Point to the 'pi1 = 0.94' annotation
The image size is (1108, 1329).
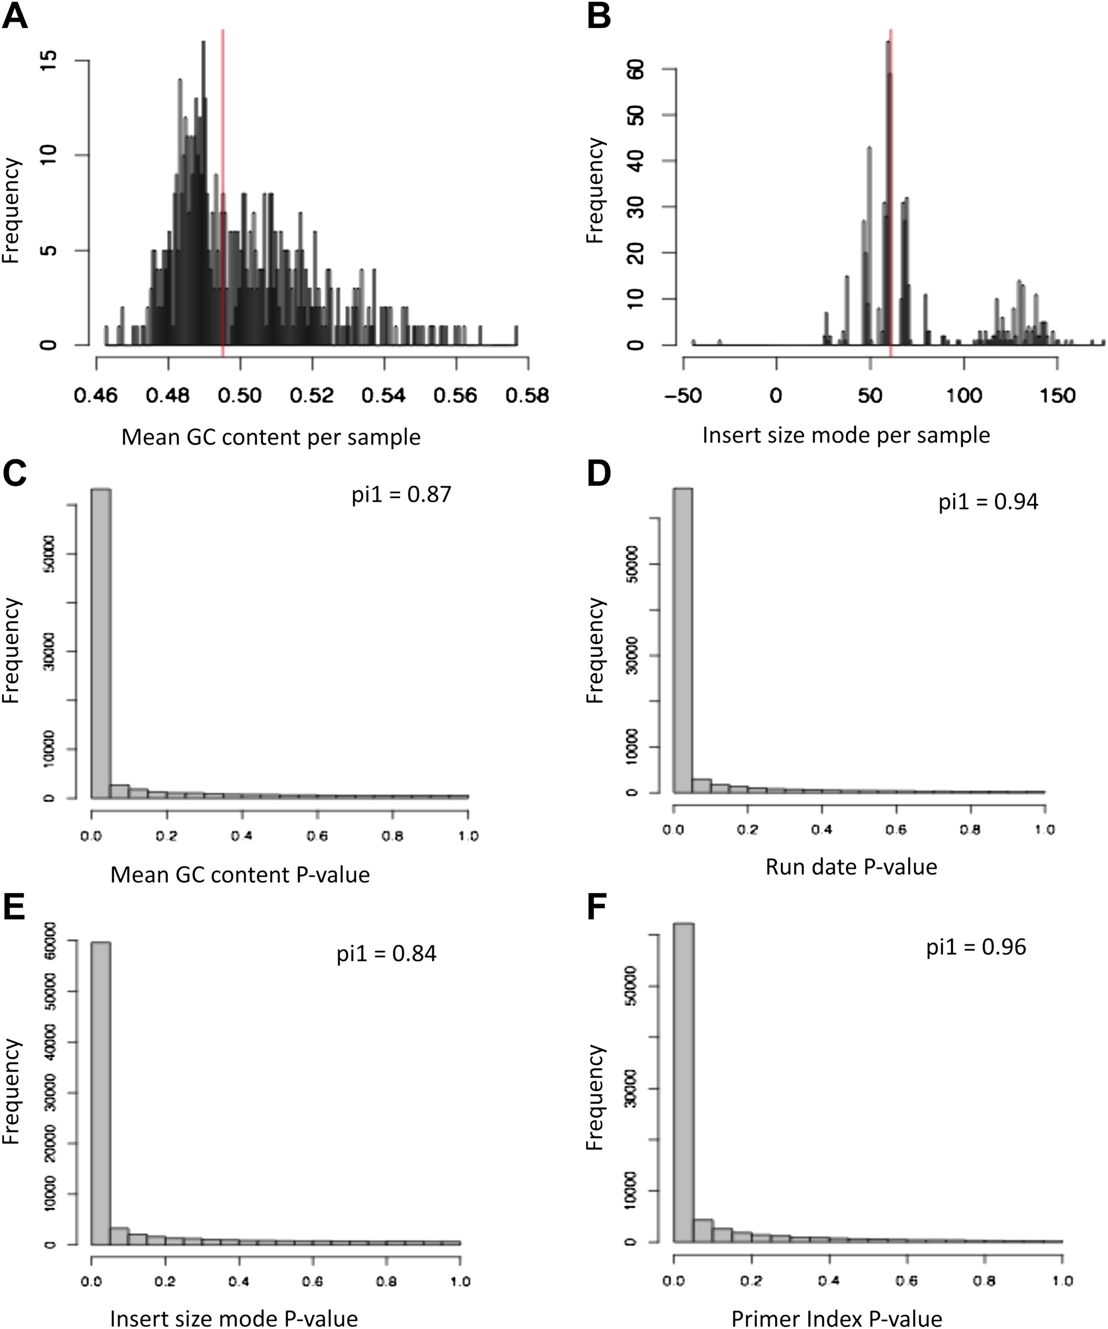pos(988,502)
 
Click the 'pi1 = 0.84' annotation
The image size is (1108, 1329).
pos(386,953)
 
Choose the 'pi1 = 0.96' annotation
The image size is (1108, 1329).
pos(976,947)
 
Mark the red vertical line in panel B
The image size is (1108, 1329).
pos(890,190)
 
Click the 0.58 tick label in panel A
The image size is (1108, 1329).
pos(527,396)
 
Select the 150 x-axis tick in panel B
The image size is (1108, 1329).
pos(1057,396)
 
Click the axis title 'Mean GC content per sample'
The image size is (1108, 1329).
pos(271,437)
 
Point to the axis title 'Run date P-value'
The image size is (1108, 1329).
pos(851,866)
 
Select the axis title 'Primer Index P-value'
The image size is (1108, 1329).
pos(837,1318)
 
